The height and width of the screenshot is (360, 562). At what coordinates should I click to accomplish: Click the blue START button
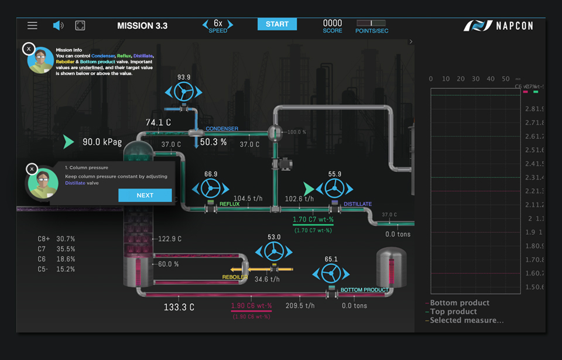pyautogui.click(x=277, y=24)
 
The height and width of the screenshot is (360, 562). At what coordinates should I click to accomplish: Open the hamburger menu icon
pyautogui.click(x=32, y=25)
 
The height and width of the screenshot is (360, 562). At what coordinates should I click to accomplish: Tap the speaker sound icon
pyautogui.click(x=58, y=25)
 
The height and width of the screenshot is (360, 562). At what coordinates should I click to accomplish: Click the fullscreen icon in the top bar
pyautogui.click(x=80, y=25)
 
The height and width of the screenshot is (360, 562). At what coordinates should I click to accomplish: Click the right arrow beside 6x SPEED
pyautogui.click(x=230, y=25)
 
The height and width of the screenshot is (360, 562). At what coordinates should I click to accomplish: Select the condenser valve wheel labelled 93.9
pyautogui.click(x=184, y=92)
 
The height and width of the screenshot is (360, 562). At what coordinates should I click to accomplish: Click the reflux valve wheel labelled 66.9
pyautogui.click(x=211, y=188)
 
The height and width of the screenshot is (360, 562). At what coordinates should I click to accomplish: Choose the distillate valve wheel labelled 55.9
pyautogui.click(x=334, y=188)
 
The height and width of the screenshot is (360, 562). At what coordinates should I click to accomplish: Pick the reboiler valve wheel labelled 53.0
pyautogui.click(x=273, y=252)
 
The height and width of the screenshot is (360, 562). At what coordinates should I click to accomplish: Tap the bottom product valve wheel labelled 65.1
pyautogui.click(x=331, y=273)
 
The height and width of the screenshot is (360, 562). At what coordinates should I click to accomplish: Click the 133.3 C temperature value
pyautogui.click(x=179, y=307)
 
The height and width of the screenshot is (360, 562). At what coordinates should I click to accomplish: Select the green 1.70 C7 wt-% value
pyautogui.click(x=313, y=220)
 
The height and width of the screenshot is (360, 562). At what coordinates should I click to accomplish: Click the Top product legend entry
pyautogui.click(x=454, y=311)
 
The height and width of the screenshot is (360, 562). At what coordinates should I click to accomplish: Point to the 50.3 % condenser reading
pyautogui.click(x=213, y=142)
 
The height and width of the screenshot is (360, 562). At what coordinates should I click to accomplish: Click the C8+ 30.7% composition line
pyautogui.click(x=56, y=239)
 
